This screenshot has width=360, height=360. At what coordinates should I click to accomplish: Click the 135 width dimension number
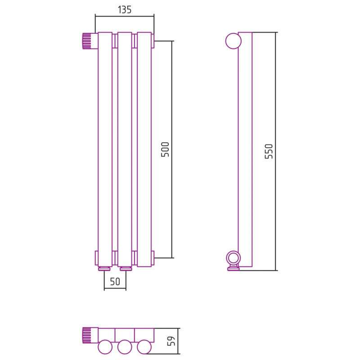pos(125,9)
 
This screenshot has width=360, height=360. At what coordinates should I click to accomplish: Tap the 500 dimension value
pos(165,149)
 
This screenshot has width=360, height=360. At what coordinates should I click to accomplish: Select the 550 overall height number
pos(269,151)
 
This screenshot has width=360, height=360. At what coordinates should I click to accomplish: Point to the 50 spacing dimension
pos(115,282)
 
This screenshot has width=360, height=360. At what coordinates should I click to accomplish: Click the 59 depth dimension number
pos(171,341)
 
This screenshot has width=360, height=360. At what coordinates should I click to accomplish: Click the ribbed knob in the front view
pos(87,41)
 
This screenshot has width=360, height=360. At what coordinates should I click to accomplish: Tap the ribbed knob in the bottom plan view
pos(87,335)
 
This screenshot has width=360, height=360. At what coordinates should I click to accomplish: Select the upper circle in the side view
pos(234,41)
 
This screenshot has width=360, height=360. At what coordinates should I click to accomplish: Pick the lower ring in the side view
pos(234,257)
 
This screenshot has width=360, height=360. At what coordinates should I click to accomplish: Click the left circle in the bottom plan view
pos(105,347)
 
